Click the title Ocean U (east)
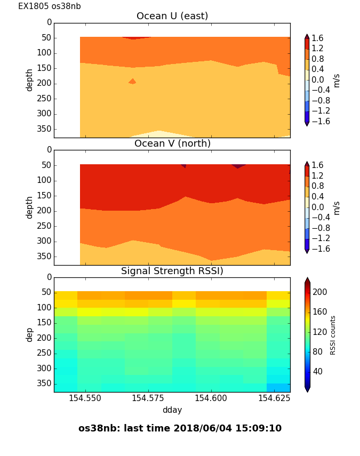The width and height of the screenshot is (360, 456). click(172, 16)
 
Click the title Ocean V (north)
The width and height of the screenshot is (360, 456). click(172, 143)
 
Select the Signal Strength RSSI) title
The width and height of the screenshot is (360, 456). click(172, 271)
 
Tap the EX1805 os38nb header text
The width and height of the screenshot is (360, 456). click(50, 6)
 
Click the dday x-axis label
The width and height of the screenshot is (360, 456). click(172, 410)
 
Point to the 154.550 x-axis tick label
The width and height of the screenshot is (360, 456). click(85, 398)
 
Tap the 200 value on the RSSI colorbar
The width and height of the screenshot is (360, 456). click(320, 292)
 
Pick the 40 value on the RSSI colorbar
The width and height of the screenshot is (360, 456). click(318, 371)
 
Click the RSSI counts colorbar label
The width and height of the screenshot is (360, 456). click(333, 335)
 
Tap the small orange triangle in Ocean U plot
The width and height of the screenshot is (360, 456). click(132, 82)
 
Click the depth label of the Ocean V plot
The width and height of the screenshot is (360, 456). click(30, 207)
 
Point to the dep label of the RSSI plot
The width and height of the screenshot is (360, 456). click(30, 334)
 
